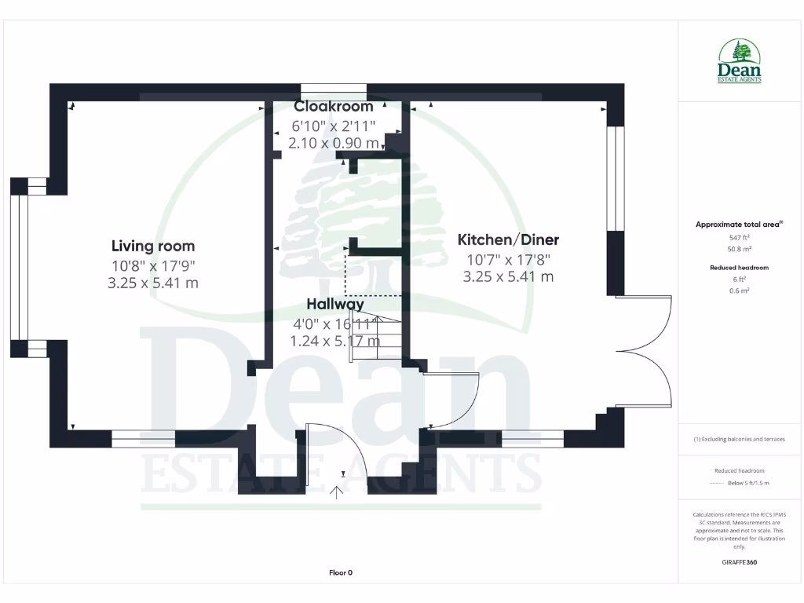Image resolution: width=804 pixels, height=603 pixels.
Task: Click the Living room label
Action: pyautogui.click(x=153, y=246)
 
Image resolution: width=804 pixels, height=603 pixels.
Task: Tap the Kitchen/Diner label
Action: pyautogui.click(x=508, y=239)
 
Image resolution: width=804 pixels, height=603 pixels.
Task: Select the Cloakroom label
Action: pyautogui.click(x=334, y=106)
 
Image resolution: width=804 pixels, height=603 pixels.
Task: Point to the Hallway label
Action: pyautogui.click(x=335, y=304)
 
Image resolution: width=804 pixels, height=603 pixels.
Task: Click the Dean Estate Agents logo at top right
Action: pyautogui.click(x=740, y=61)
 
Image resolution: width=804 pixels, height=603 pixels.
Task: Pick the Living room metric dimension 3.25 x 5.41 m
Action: pyautogui.click(x=153, y=283)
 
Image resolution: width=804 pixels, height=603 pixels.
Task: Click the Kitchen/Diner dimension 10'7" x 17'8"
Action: pyautogui.click(x=508, y=259)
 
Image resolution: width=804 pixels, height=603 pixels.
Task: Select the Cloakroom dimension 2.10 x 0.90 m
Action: pyautogui.click(x=334, y=143)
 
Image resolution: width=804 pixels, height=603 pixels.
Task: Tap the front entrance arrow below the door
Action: pyautogui.click(x=337, y=492)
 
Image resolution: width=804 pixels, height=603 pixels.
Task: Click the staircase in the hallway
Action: pyautogui.click(x=375, y=338)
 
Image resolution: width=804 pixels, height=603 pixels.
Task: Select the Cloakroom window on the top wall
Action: pyautogui.click(x=334, y=88)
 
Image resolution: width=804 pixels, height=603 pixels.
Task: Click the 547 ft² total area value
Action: pyautogui.click(x=740, y=236)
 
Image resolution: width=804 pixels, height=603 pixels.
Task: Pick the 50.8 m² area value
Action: pyautogui.click(x=740, y=248)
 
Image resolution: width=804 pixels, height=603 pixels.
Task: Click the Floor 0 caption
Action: pyautogui.click(x=340, y=572)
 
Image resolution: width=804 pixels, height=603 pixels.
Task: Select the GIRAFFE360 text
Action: pyautogui.click(x=740, y=562)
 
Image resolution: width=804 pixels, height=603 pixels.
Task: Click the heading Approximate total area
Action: pyautogui.click(x=738, y=225)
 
